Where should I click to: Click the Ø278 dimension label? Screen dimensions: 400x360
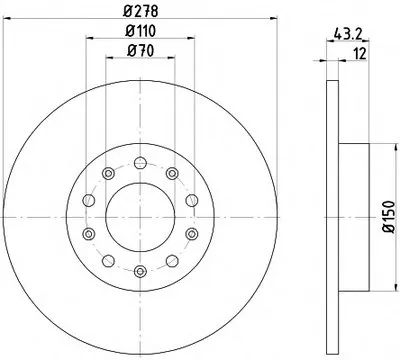(140, 11)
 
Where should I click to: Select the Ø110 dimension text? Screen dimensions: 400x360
(140, 31)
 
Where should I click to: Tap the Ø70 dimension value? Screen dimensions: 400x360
(140, 51)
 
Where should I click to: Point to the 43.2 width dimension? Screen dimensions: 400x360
(348, 33)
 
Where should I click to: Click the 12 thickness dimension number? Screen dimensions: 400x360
(360, 54)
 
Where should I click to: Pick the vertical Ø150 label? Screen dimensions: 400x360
(389, 216)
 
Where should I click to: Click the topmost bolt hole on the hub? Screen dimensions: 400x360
(140, 163)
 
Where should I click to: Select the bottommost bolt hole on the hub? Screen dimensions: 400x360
(140, 271)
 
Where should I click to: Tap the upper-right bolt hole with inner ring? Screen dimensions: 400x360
(172, 173)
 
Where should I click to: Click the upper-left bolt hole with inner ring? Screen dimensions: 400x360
(108, 173)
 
